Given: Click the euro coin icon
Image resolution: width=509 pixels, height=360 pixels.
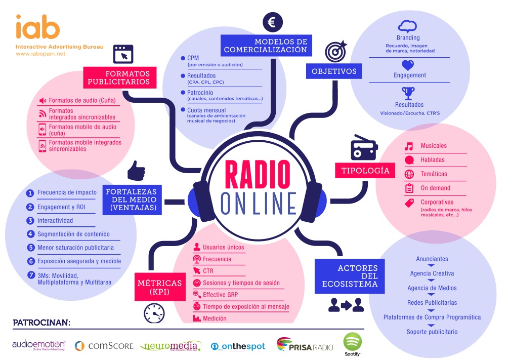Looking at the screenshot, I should tap(272, 22).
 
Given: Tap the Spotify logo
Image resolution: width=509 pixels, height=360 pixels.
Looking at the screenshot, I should tap(353, 343).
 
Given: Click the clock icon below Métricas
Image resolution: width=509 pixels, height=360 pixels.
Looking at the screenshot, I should tap(154, 314).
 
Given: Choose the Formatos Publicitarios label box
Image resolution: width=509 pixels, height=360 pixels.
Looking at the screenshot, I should tap(119, 77).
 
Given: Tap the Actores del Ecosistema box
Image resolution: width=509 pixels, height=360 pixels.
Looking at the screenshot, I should tap(350, 276).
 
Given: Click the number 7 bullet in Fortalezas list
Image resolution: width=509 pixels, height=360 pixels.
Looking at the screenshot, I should tap(30, 275).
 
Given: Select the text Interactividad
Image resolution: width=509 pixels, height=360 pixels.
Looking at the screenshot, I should tap(55, 221).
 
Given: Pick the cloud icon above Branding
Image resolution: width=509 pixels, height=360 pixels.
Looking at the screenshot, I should tap(407, 27).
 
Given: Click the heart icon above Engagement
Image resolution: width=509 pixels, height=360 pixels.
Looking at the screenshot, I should tap(408, 65).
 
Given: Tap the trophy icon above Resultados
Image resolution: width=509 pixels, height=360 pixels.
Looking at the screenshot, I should tap(408, 93).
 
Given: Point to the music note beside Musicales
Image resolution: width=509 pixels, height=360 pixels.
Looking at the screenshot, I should tap(409, 146).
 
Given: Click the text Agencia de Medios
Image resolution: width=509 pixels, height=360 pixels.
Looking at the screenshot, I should tap(432, 288).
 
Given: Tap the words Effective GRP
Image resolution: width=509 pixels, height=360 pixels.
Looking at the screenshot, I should tap(220, 295).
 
